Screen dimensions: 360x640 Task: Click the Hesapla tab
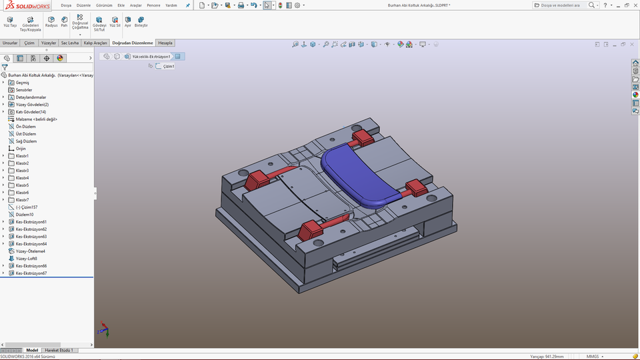(x=165, y=43)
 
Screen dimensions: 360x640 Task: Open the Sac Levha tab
(x=69, y=43)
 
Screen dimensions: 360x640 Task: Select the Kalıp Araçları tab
(x=95, y=43)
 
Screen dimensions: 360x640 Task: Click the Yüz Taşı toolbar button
(x=10, y=22)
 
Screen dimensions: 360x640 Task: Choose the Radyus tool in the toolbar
(x=51, y=22)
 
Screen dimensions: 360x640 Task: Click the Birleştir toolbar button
(x=141, y=22)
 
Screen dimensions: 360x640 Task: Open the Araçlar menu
(x=135, y=5)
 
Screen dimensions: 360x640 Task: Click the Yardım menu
(x=171, y=5)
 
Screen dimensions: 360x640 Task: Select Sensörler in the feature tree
(x=24, y=90)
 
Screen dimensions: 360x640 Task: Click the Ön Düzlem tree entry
(x=25, y=127)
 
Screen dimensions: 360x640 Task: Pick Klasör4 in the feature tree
(x=22, y=178)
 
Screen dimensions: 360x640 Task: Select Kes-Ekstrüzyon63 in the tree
(x=31, y=237)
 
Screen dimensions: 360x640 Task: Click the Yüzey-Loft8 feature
(x=27, y=259)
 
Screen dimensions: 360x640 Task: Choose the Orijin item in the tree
(x=21, y=149)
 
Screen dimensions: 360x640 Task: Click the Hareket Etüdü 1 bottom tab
(x=59, y=350)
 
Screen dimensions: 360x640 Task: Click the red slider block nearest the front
(x=310, y=231)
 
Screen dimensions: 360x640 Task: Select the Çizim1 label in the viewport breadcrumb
(x=169, y=66)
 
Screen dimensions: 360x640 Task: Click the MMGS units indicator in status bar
(x=592, y=357)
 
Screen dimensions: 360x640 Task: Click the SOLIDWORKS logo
(x=25, y=5)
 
